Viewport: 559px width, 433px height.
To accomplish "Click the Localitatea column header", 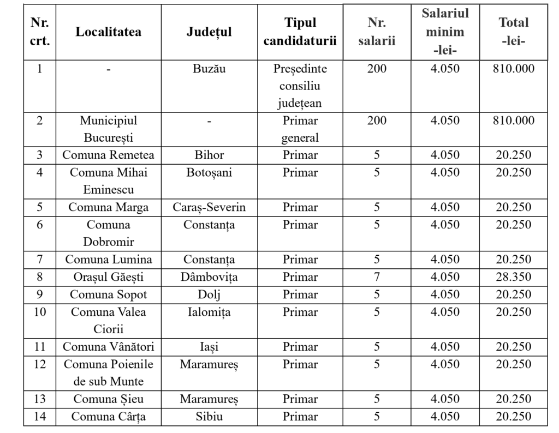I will point(108,32).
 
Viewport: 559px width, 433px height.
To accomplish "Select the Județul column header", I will point(209,32).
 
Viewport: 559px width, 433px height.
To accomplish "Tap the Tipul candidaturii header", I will point(300,32).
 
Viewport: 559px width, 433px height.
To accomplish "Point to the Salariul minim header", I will point(445,32).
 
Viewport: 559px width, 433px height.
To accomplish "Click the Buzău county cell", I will point(209,69).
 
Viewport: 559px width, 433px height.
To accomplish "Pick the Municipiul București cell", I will point(108,129).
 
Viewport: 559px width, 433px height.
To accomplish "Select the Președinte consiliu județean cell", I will point(300,86).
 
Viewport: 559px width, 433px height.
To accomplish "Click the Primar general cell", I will point(300,129).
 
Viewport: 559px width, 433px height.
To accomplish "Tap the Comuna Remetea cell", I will point(108,155).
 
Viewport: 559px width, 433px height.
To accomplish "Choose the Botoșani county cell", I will point(209,172).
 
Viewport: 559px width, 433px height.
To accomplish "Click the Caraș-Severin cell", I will point(209,207).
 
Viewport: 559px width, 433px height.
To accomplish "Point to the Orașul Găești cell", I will point(108,277).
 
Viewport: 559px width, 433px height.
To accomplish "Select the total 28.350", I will point(513,277).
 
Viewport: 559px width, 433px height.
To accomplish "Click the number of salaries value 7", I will point(377,277).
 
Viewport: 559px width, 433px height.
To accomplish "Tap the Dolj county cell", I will point(209,294).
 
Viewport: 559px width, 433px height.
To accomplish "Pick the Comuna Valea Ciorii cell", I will point(108,321).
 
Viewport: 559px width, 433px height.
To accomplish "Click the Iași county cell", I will point(209,347).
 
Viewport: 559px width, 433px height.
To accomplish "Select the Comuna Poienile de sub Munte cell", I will point(108,372).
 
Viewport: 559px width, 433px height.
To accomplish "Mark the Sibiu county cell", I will point(209,417).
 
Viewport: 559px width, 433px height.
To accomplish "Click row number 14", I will point(39,417).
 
